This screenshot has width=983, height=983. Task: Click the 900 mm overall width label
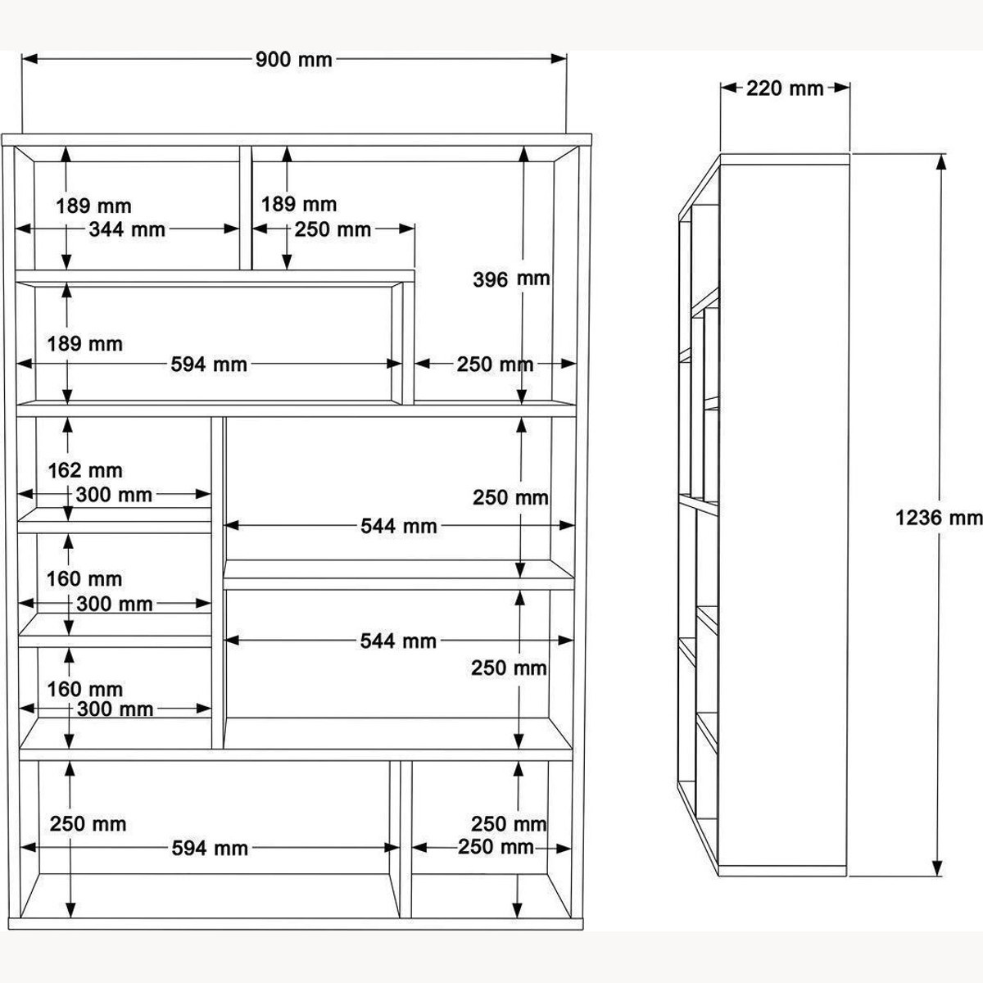(294, 60)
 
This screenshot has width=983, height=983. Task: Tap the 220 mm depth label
(785, 88)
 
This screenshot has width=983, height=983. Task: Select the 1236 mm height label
(939, 519)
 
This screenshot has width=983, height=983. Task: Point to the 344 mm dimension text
(127, 229)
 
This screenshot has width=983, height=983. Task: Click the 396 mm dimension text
(511, 279)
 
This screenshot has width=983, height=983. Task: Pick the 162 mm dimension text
(85, 470)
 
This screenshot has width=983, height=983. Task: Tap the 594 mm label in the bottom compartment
(210, 849)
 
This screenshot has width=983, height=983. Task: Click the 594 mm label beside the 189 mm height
(209, 365)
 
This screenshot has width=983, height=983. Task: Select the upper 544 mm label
(399, 526)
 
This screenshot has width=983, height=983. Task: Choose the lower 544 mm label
(398, 641)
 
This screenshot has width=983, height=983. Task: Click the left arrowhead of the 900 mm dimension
(29, 59)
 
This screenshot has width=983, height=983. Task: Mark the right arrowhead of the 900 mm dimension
(559, 59)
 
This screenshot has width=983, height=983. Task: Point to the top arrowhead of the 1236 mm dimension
(942, 161)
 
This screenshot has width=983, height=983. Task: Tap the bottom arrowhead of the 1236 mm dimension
(936, 868)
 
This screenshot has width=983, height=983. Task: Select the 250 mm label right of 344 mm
(333, 229)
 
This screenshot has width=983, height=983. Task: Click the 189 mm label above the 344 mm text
(94, 206)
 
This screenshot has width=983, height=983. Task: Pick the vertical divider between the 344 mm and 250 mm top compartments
(246, 208)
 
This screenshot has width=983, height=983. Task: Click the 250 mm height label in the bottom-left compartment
(88, 824)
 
